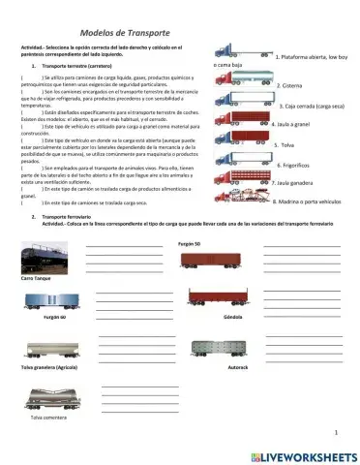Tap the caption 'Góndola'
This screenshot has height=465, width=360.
(204, 316)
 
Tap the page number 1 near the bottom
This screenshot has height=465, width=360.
(335, 433)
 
